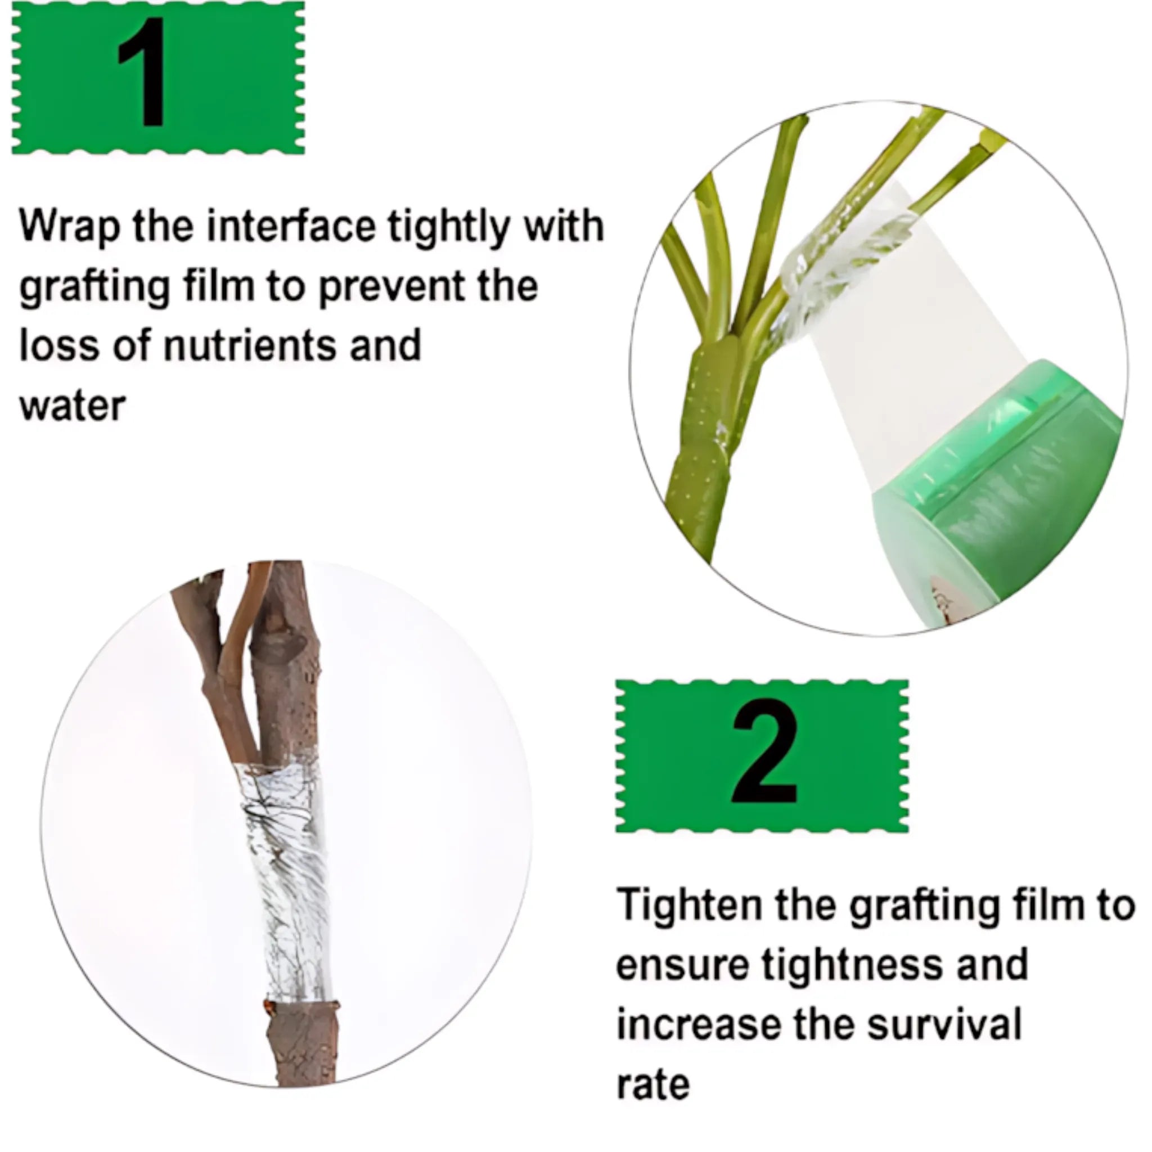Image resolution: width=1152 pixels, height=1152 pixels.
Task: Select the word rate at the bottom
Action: pyautogui.click(x=652, y=1086)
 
